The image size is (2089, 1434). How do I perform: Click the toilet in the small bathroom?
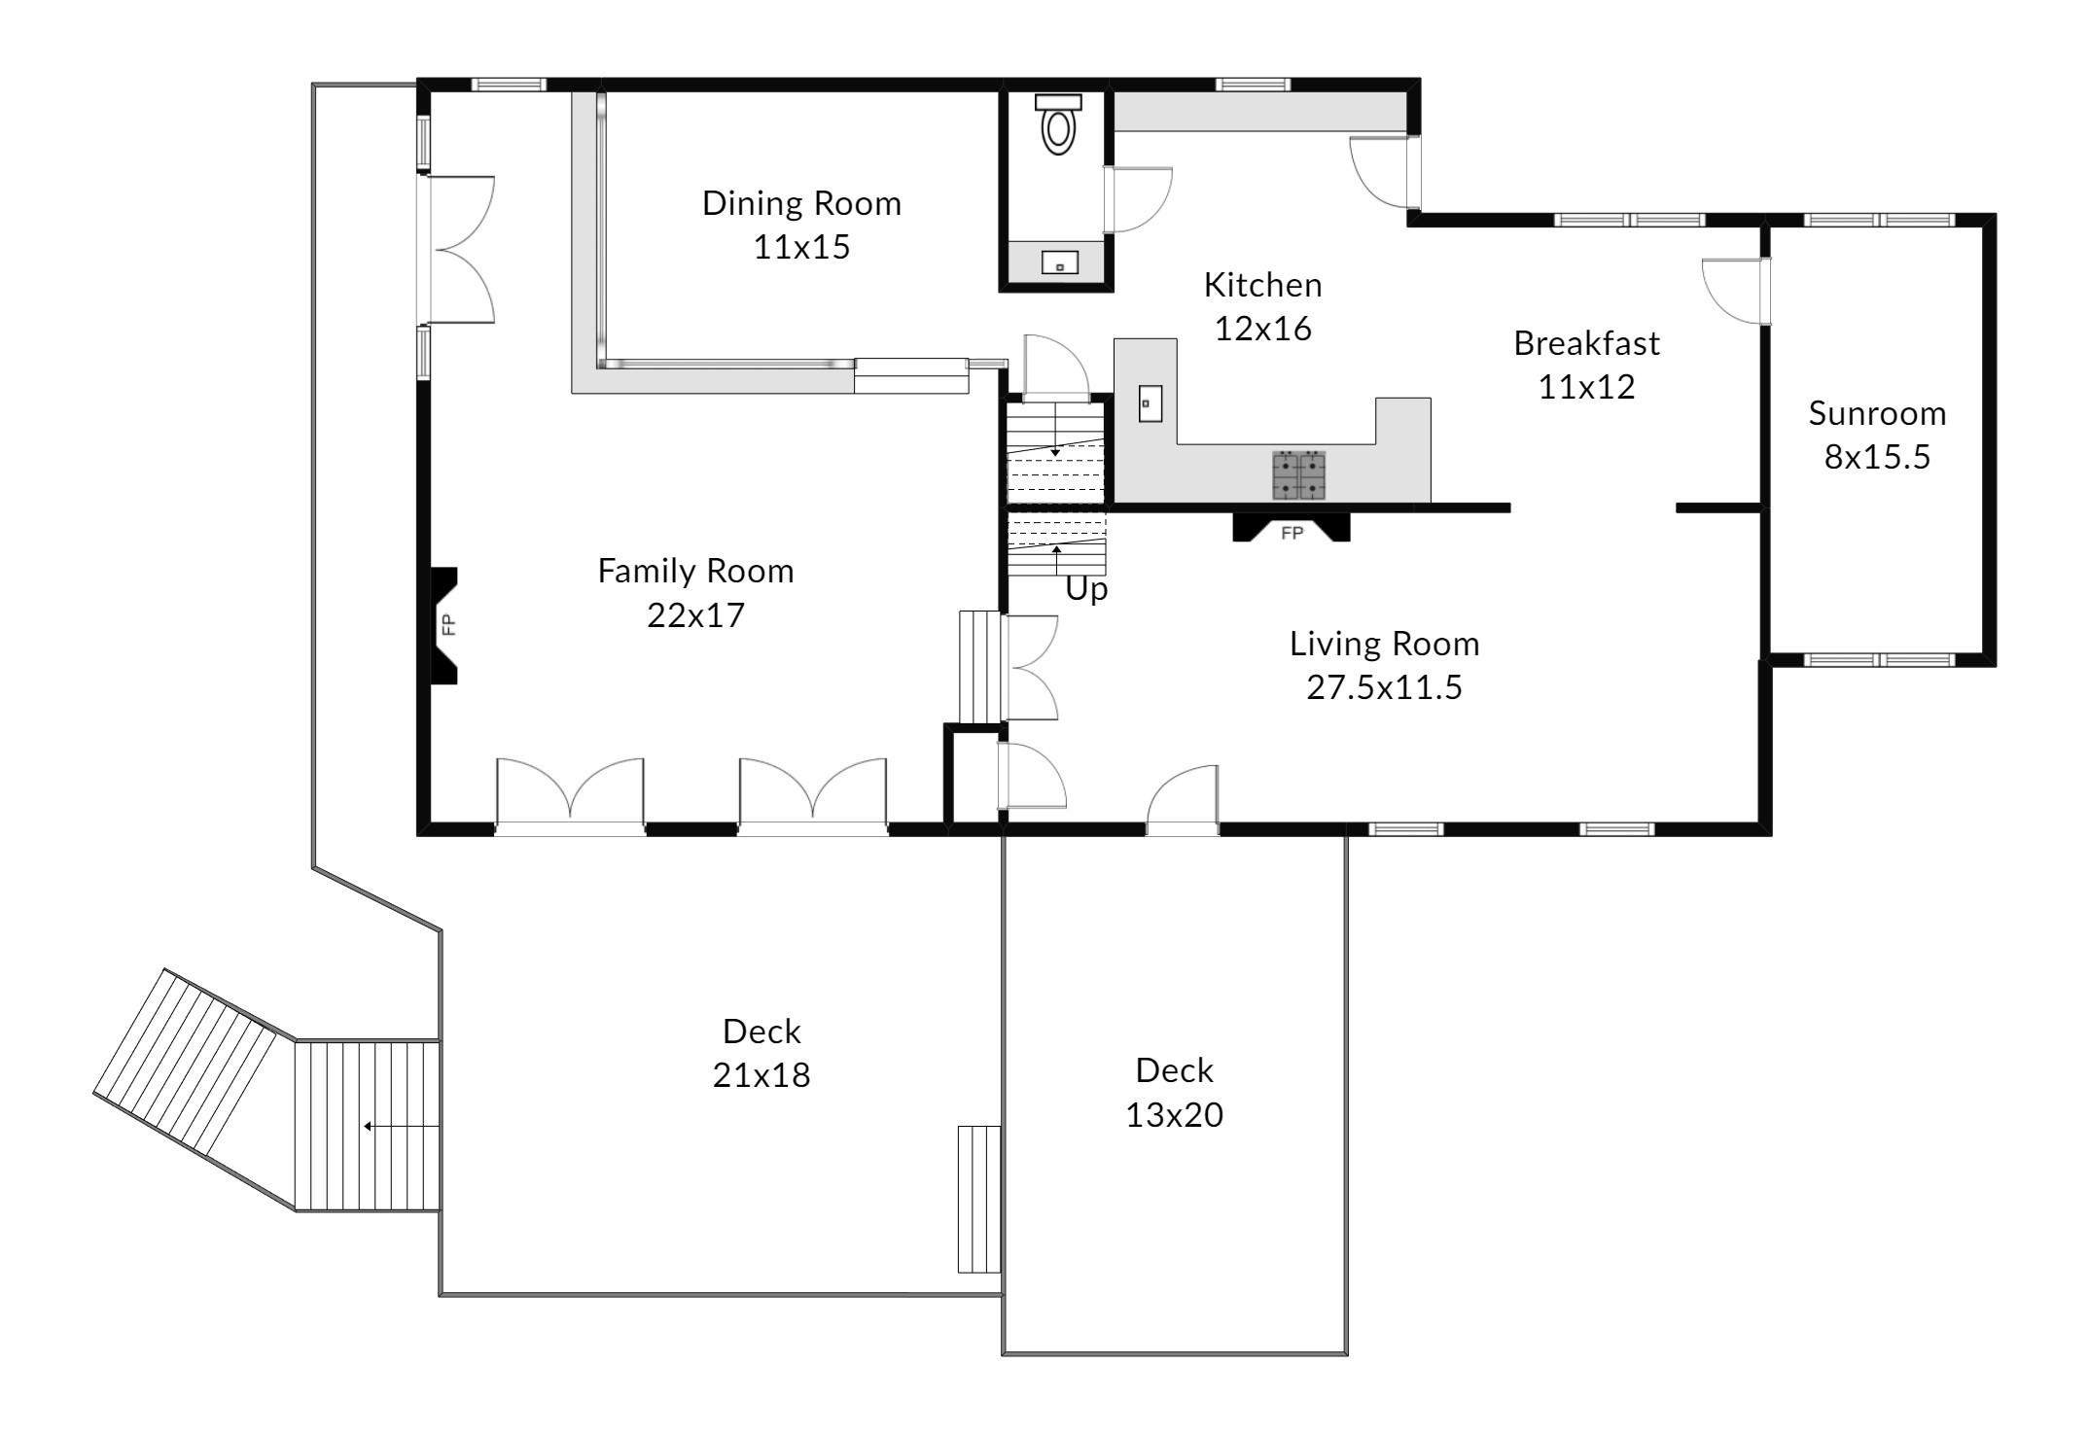1058,124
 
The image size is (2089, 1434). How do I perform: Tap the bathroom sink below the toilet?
1059,262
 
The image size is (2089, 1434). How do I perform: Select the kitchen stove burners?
1299,475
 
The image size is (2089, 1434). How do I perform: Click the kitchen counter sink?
1150,403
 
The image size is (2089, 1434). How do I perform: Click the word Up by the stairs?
1086,589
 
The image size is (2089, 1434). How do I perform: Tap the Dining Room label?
802,203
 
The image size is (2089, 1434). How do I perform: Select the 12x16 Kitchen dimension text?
1263,329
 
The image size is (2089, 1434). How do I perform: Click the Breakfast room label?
1586,343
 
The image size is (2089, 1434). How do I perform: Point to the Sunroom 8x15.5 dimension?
1877,457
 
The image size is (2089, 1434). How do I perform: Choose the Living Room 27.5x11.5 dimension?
1384,687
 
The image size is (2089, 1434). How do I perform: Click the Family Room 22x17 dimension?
695,614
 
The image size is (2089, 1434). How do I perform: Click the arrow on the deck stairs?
402,1127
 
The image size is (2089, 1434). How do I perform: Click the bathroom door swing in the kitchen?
1137,199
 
